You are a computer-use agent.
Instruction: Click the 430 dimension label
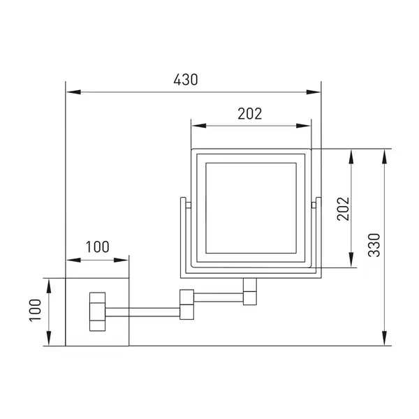coord(186,80)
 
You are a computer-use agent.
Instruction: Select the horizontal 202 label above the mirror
coord(250,114)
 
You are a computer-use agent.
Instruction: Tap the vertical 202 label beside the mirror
coord(344,209)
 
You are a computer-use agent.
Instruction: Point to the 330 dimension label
coord(374,245)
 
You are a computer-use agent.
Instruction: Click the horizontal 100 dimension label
coord(98,247)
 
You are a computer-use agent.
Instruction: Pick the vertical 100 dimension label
coord(36,310)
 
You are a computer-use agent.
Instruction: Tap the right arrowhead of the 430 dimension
coord(313,92)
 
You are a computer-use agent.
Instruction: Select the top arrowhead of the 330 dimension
coord(384,156)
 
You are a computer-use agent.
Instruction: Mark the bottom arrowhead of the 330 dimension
coord(384,338)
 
